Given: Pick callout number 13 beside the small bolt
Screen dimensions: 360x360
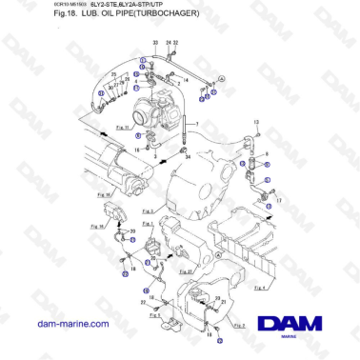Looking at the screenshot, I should (256, 123).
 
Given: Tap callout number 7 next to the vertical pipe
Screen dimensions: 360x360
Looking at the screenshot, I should (197, 125).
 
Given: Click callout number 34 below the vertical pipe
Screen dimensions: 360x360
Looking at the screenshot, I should (187, 156).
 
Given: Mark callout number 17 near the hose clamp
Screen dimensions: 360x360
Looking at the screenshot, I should (278, 201).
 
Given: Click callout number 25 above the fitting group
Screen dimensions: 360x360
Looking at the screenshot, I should (112, 73).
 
